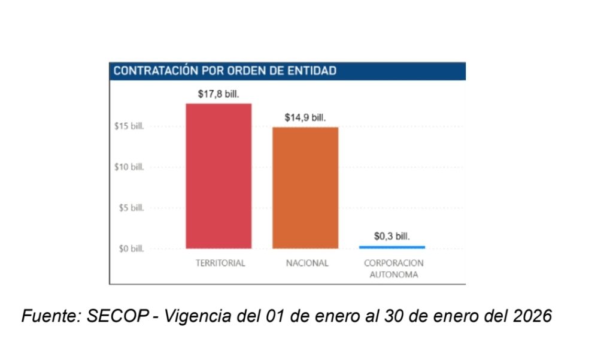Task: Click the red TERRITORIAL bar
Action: (x=219, y=176)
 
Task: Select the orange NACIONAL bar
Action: (x=305, y=187)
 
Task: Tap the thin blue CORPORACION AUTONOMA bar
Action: (x=392, y=247)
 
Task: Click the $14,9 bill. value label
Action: (x=305, y=117)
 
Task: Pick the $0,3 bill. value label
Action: (x=392, y=237)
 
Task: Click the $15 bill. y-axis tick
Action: (x=129, y=126)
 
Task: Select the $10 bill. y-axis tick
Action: (x=129, y=167)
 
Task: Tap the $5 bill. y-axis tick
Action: (x=131, y=208)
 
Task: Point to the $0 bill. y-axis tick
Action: (x=131, y=249)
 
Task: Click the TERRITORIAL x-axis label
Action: (x=220, y=264)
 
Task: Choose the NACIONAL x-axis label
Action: (x=307, y=264)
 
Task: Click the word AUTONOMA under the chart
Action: (x=393, y=276)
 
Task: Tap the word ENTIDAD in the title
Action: (x=313, y=71)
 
